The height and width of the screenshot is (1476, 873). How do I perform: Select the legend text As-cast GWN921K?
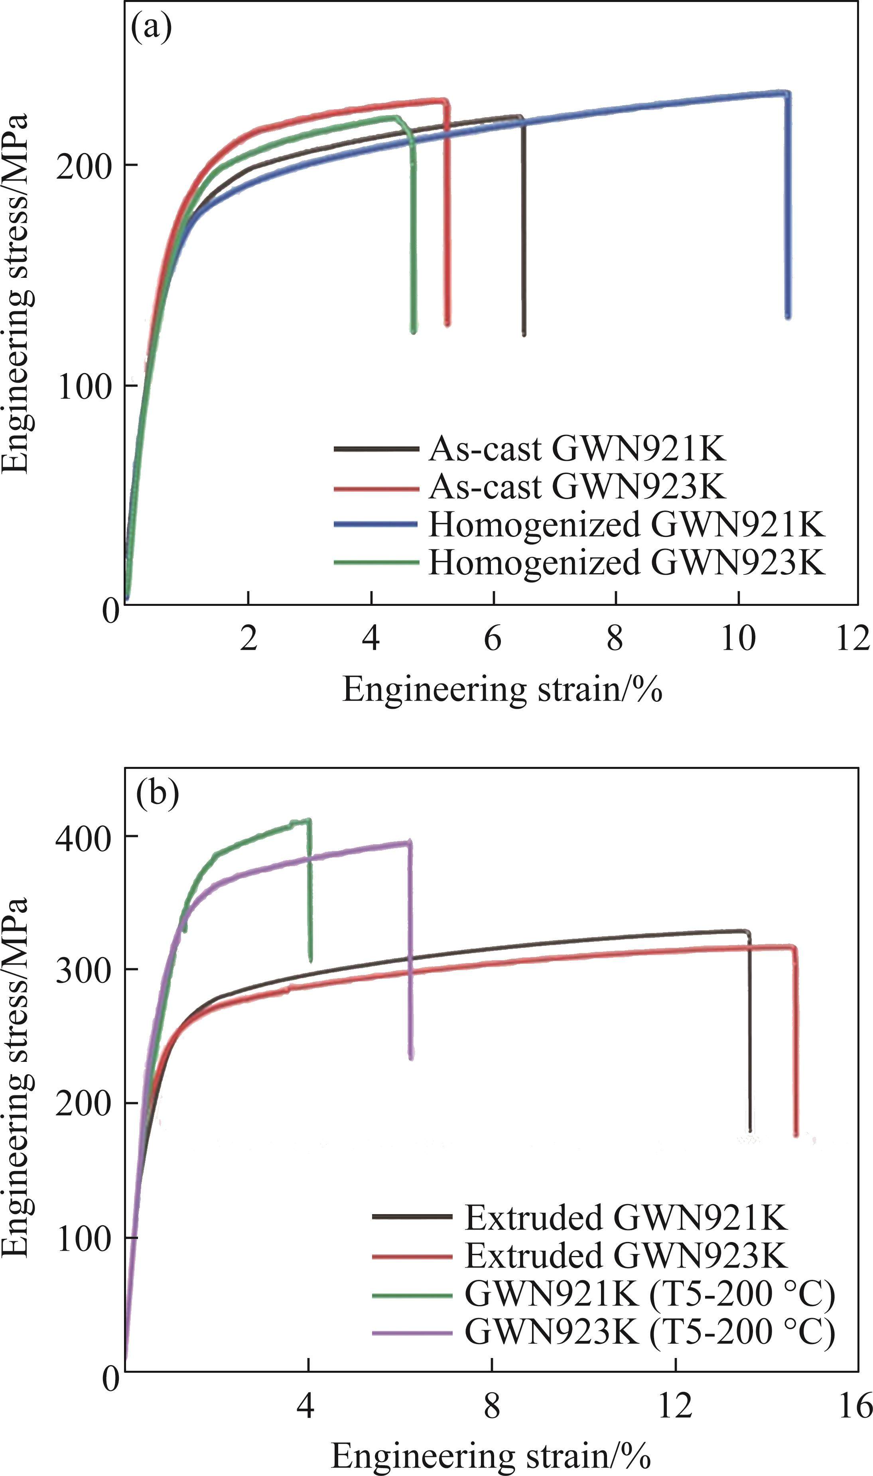577,449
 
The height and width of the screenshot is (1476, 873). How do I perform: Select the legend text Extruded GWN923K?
626,1255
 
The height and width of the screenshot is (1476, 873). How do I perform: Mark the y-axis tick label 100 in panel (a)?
85,385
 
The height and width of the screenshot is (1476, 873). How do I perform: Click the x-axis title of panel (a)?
503,689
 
